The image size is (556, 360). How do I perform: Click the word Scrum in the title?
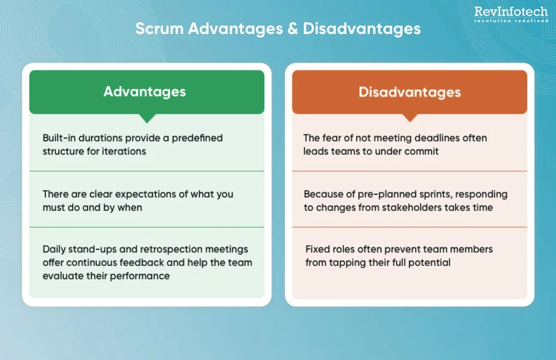(x=159, y=29)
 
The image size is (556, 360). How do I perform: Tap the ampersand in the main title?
(x=293, y=29)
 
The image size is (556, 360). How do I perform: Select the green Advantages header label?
(x=145, y=92)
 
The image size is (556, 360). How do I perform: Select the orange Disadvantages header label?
(x=410, y=92)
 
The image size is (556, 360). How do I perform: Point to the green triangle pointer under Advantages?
(x=147, y=118)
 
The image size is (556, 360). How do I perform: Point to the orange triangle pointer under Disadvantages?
(x=410, y=118)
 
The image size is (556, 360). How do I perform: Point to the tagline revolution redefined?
(x=511, y=21)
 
